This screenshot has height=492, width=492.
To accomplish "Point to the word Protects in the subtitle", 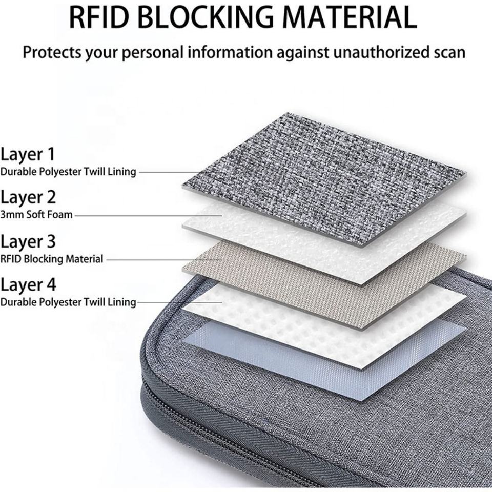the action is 51,52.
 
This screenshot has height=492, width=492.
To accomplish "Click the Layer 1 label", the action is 28,154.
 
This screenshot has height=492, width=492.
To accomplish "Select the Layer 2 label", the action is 28,197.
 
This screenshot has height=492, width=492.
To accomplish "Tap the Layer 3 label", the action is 28,241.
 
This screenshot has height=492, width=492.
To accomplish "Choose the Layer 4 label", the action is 28,284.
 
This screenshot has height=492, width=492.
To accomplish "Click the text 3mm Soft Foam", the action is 36,215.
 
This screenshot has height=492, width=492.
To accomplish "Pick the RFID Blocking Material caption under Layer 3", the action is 51,259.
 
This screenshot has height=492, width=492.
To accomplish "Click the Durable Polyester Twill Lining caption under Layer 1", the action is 68,172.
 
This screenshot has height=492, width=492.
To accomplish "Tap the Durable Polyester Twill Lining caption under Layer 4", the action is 68,302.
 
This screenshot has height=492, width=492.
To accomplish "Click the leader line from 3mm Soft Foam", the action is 149,216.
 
